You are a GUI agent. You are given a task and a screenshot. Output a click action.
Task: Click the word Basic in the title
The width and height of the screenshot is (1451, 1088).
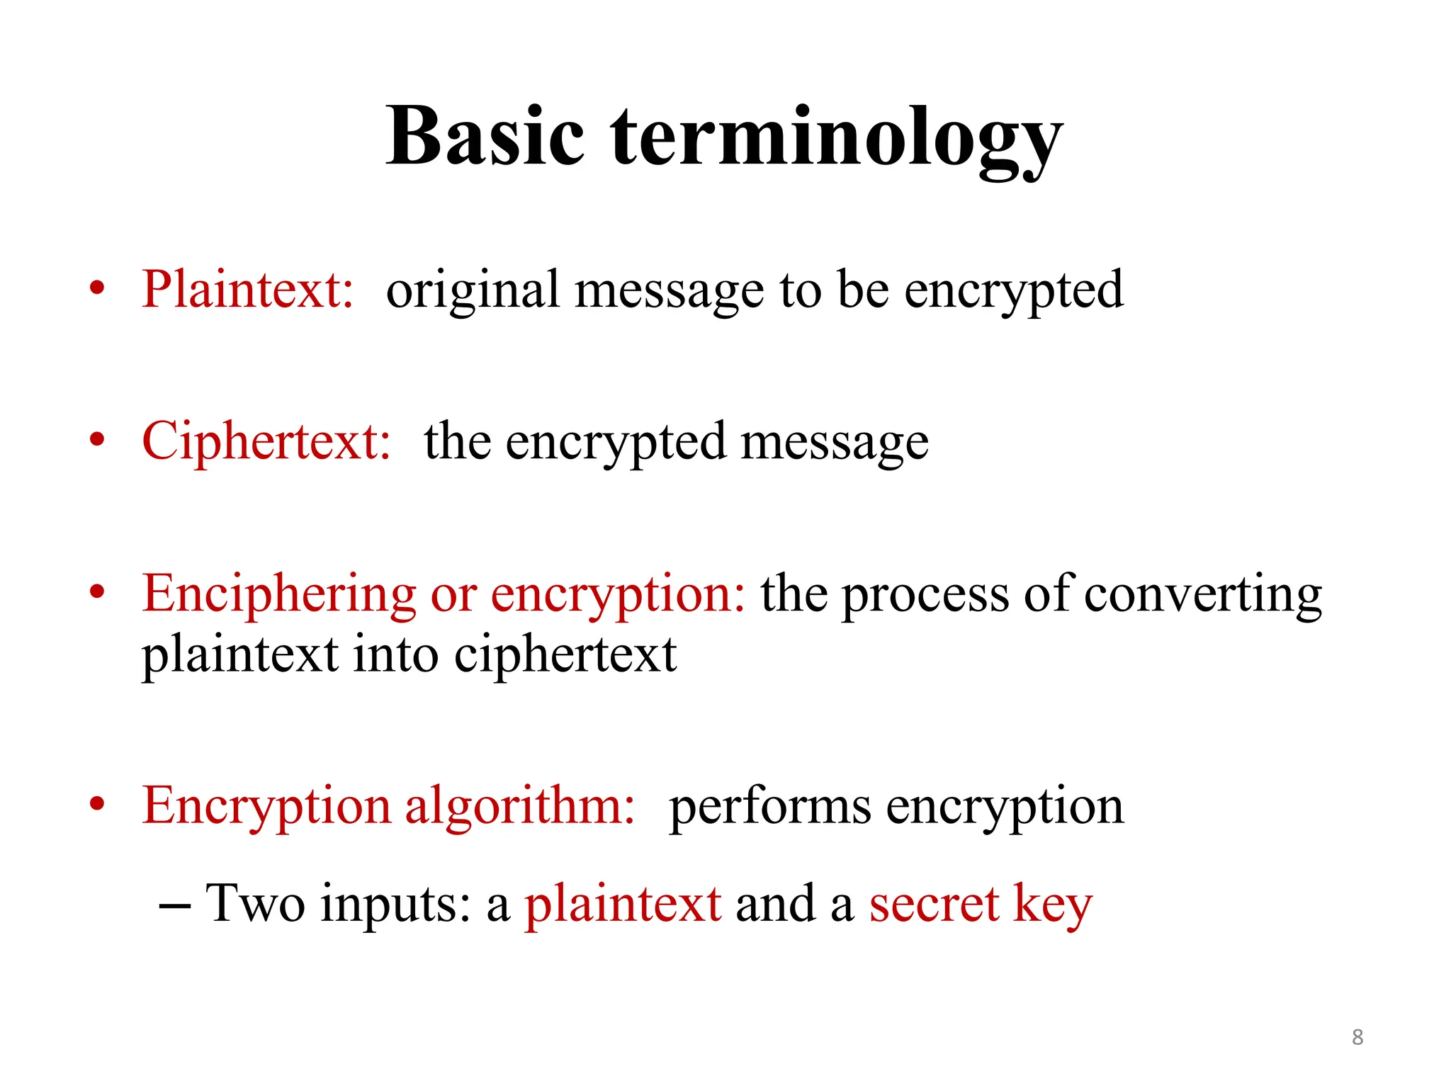(x=485, y=136)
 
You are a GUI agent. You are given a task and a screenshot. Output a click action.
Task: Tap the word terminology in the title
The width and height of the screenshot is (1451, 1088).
(x=836, y=138)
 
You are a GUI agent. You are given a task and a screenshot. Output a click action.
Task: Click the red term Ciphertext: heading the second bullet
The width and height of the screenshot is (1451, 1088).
(x=266, y=441)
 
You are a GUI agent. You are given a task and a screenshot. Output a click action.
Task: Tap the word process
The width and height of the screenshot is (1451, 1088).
(x=925, y=595)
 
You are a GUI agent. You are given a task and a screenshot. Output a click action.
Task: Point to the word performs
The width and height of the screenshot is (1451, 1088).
(x=770, y=807)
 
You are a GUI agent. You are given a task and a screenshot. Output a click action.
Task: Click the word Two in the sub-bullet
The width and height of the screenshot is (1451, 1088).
(x=255, y=904)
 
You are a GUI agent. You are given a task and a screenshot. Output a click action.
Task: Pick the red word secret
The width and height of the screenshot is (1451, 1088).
(x=934, y=905)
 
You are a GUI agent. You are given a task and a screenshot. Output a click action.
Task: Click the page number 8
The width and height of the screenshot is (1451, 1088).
(x=1357, y=1037)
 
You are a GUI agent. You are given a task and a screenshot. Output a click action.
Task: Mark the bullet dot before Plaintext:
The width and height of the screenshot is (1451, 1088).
(x=97, y=289)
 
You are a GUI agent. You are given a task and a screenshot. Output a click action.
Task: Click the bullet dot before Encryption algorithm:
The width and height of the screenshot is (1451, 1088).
(x=97, y=805)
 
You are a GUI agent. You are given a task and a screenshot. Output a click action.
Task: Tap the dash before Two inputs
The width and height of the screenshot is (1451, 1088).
(x=174, y=906)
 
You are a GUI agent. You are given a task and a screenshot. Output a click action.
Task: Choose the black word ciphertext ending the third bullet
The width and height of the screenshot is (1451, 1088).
(x=565, y=655)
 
